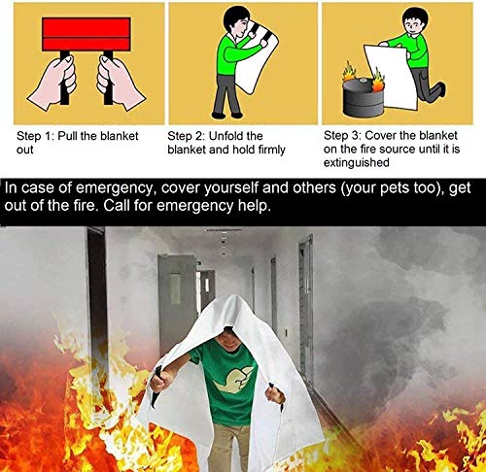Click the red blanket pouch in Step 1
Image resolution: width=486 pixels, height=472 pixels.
(87, 36)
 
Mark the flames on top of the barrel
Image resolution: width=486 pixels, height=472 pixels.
(361, 74)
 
